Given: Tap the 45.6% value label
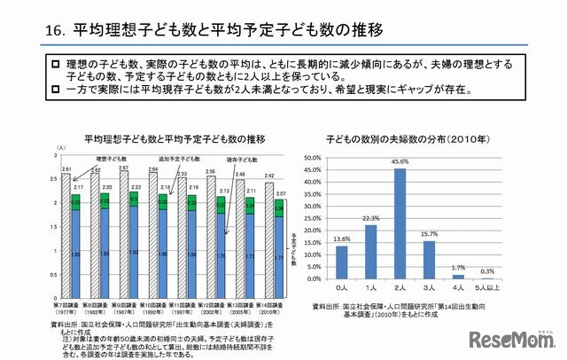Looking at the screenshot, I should [400, 163].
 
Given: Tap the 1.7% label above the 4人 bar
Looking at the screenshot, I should [457, 267].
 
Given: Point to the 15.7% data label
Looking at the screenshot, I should [429, 234].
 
